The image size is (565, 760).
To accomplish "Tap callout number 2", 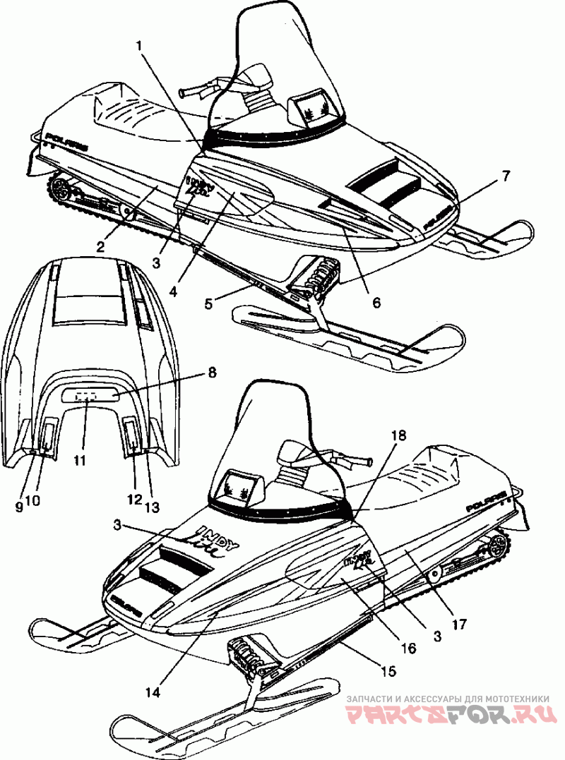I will click(x=101, y=246).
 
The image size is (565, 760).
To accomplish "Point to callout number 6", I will click(x=376, y=303).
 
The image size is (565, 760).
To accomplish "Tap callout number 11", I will click(x=80, y=460).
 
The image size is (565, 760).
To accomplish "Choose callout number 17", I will click(x=460, y=624).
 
